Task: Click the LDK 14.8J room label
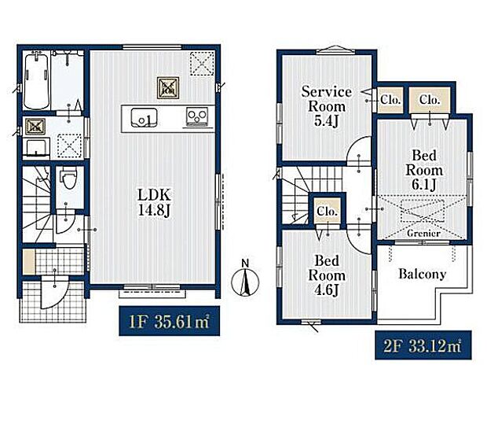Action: coord(154,202)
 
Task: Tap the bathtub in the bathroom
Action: coord(36,82)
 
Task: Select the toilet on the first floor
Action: coord(69,179)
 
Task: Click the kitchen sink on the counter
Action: coord(144,117)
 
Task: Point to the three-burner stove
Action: coord(197,117)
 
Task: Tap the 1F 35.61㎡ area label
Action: coord(169,321)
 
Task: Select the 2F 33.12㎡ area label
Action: coord(423,345)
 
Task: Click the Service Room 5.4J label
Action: coord(326,106)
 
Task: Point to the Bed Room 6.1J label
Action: coord(424,170)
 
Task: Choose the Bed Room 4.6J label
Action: coord(327,275)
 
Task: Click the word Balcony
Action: coord(423,274)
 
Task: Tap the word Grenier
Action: coord(423,234)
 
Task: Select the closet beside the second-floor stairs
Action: coord(328,211)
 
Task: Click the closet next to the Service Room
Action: coord(390,100)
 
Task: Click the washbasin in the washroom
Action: coord(36,147)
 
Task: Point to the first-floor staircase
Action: coord(37,204)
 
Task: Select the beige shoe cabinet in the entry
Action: coord(29,262)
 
